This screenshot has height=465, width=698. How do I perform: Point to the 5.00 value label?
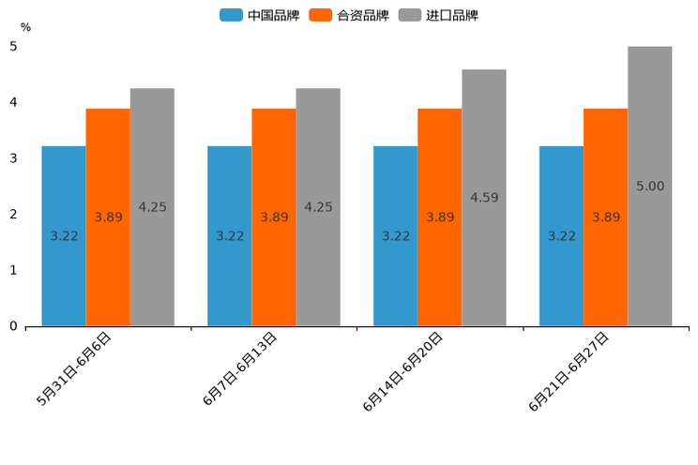(649, 187)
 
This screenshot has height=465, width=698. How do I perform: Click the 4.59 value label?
(484, 198)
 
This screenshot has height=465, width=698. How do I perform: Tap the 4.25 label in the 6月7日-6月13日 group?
(318, 207)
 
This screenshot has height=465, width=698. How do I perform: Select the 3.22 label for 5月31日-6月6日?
(64, 236)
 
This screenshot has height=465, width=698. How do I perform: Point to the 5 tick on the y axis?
(13, 46)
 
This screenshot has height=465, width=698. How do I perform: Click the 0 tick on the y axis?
(13, 326)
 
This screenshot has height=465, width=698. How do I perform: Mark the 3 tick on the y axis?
(13, 158)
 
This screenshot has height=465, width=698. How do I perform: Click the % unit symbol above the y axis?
(25, 28)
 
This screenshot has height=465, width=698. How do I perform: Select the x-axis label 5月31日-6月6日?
(74, 368)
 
